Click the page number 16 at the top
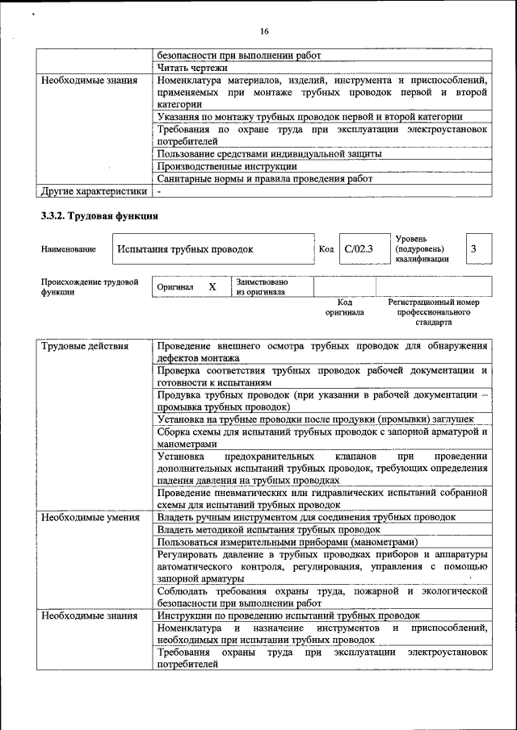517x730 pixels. click(x=263, y=31)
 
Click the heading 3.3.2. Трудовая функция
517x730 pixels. click(x=99, y=216)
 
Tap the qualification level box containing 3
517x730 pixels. click(x=475, y=249)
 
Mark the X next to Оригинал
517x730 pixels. click(x=212, y=286)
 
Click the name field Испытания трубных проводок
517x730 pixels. click(x=185, y=250)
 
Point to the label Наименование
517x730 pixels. click(x=68, y=250)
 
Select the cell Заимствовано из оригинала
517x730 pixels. click(x=262, y=287)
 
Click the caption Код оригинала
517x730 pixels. click(x=345, y=307)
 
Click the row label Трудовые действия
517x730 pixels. click(x=85, y=347)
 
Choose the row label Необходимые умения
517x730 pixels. click(x=90, y=517)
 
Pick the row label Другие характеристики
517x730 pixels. click(x=94, y=191)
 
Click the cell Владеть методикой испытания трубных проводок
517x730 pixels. click(x=268, y=529)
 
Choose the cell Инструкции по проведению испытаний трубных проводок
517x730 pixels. click(x=288, y=615)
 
